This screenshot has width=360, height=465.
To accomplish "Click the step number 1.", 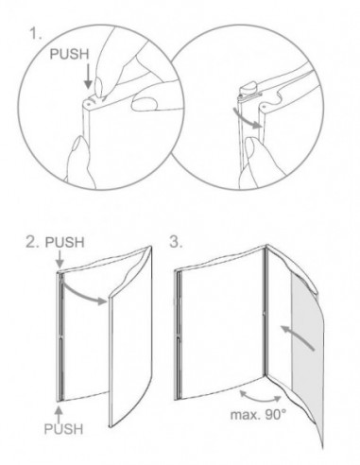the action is [x=35, y=33].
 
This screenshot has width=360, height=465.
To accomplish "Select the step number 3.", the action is [x=176, y=242].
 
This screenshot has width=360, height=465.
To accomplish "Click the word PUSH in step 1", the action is [x=70, y=54].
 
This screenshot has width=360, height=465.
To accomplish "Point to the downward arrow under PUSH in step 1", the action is [x=89, y=76].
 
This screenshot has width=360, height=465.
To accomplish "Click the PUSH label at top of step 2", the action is [x=65, y=242].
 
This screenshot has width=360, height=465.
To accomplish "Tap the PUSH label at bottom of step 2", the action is [x=63, y=429].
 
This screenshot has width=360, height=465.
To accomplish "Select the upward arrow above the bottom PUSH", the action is [x=60, y=415].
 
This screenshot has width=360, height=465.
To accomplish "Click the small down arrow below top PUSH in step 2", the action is [x=60, y=260].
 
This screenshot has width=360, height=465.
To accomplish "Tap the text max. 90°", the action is [x=258, y=415].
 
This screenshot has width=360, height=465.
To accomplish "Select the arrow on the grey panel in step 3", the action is [x=297, y=337].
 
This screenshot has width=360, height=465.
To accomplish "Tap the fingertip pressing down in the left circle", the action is [x=99, y=87].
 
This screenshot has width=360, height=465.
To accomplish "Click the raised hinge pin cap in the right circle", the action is [x=248, y=87].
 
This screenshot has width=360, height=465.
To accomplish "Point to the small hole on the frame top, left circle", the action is [x=89, y=102].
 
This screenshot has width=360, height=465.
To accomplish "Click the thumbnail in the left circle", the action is [x=144, y=103].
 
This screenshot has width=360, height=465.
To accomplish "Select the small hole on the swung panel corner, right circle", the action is [x=265, y=107].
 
